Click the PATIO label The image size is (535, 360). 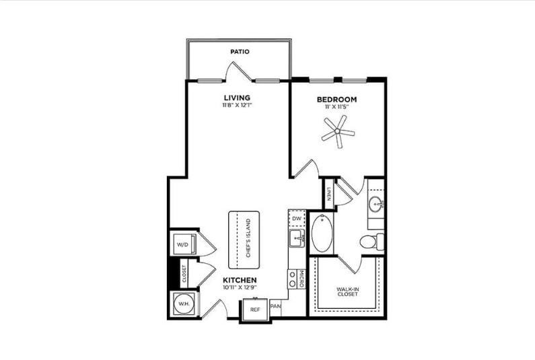[240, 51]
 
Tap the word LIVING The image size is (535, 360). [238, 98]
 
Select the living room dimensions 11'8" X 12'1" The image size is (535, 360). [237, 106]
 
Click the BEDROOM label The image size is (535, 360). [336, 100]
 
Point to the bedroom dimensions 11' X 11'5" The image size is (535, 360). [336, 108]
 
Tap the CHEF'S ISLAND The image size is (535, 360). [244, 240]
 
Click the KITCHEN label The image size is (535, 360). [239, 279]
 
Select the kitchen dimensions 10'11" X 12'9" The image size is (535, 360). [239, 287]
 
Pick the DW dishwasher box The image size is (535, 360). [297, 219]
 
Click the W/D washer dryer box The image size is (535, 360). [182, 245]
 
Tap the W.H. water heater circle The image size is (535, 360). [182, 304]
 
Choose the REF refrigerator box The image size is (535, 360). [254, 310]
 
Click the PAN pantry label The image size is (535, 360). [275, 307]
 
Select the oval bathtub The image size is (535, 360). [322, 233]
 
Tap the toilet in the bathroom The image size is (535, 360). [371, 241]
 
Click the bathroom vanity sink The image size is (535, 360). [376, 204]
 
